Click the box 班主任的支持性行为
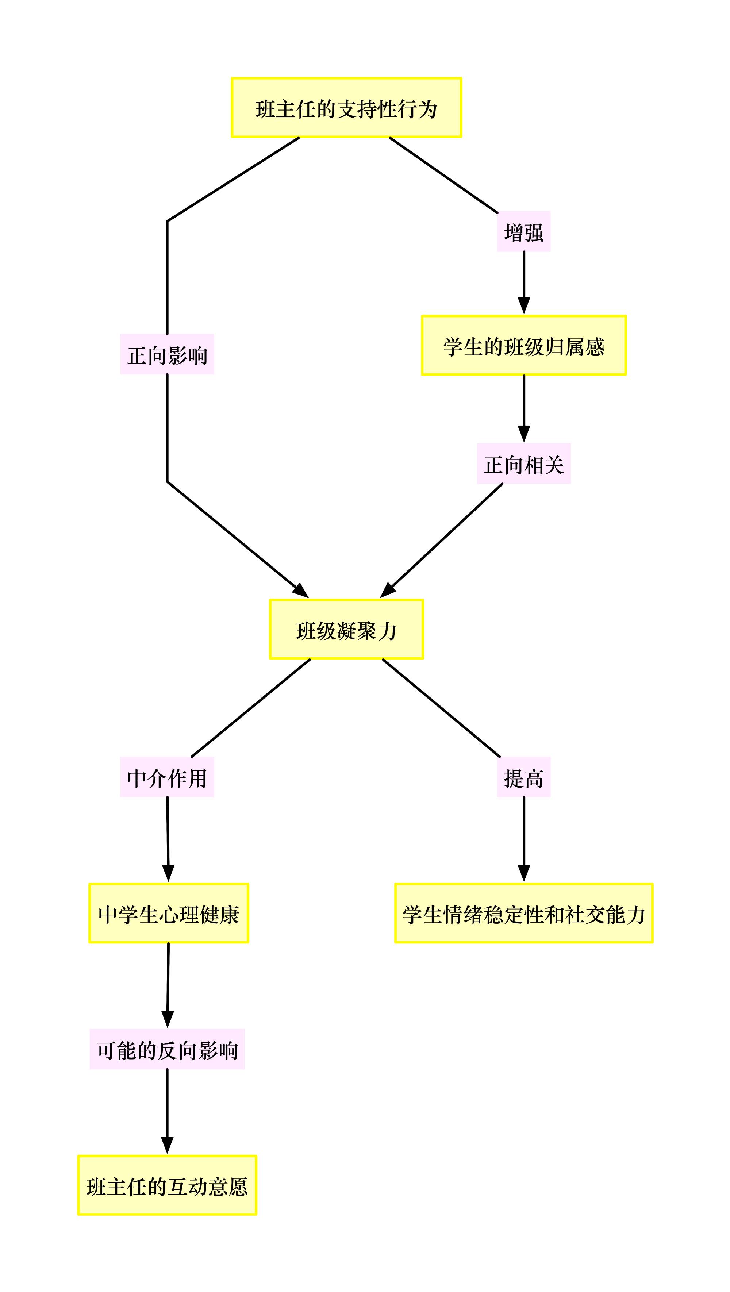coord(346,107)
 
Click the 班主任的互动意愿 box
coord(167,1185)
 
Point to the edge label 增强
coord(524,231)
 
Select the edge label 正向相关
coord(524,464)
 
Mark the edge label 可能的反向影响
coord(167,1049)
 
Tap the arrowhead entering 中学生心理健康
coord(169,874)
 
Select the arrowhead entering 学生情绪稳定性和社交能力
coord(524,874)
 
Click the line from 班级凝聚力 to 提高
coord(442,708)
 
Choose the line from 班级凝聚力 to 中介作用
coord(251,708)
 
